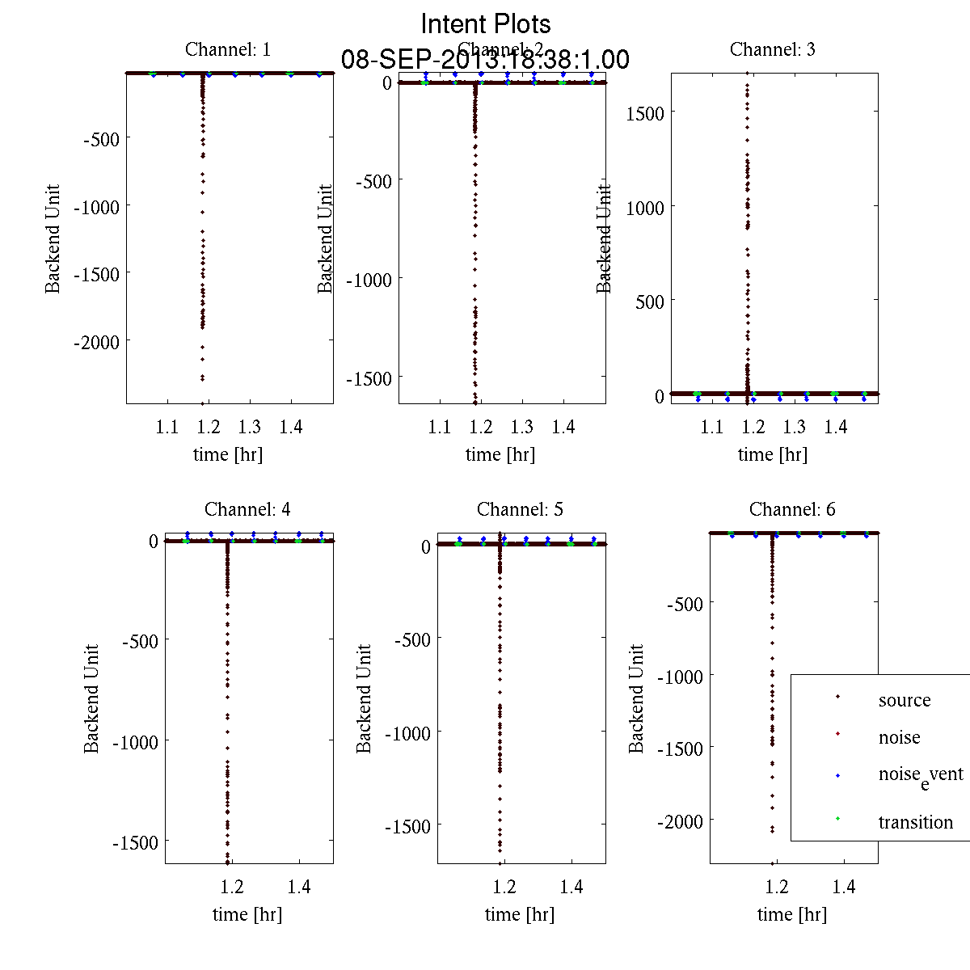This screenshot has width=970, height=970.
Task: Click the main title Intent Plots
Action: [x=486, y=23]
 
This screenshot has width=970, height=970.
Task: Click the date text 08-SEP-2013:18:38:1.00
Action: [x=486, y=60]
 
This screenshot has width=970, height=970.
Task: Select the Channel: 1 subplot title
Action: [x=228, y=49]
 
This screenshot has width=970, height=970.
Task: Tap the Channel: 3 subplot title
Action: [x=772, y=49]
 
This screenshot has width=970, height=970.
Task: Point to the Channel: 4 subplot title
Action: [x=247, y=509]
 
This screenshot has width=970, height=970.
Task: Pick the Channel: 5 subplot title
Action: [x=520, y=509]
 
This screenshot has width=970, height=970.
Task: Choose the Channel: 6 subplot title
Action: [x=792, y=509]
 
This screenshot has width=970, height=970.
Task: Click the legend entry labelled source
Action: [x=904, y=700]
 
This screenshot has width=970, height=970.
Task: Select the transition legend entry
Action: [x=915, y=822]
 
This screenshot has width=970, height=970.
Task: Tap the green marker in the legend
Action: [x=837, y=820]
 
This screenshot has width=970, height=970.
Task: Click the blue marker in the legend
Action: [x=837, y=776]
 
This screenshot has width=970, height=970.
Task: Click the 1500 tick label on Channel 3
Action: [x=645, y=113]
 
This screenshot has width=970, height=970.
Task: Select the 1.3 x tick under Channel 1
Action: [x=250, y=427]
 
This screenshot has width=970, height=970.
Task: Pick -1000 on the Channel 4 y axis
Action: [x=135, y=741]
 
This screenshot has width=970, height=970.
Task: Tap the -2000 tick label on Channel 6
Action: [x=680, y=822]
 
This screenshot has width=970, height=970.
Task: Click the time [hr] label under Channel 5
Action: [x=519, y=914]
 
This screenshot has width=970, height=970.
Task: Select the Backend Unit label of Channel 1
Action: [x=53, y=238]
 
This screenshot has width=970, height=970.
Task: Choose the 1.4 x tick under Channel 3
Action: [x=836, y=427]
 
